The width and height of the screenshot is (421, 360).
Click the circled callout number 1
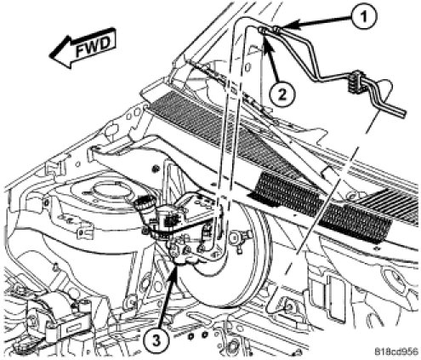pos(364,17)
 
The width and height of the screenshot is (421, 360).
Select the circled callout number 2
pos(282,94)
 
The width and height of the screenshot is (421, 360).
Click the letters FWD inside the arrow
pos(93,46)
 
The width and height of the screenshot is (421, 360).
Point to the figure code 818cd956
pos(396,351)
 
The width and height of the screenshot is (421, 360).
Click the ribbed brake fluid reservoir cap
pos(144,203)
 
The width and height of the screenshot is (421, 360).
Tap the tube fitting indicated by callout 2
pos(262,30)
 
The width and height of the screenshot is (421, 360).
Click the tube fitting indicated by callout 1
pos(276,28)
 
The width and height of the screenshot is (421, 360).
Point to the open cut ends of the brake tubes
pos(402,113)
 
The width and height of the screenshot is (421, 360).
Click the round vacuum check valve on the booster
pos(241,237)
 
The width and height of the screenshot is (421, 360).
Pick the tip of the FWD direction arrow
pos(50,56)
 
